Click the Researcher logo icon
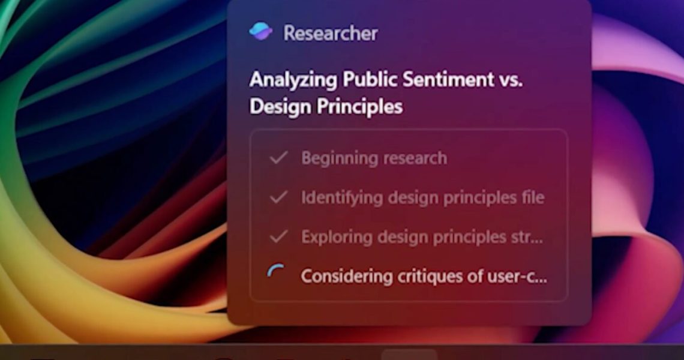point(261,31)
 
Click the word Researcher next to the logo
point(331,33)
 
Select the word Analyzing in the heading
point(293,80)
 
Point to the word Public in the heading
point(370,79)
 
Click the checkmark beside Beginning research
point(278,158)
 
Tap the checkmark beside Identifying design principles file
point(278,197)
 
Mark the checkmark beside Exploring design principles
point(278,236)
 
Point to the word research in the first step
point(410,158)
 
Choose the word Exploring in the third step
point(337,238)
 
